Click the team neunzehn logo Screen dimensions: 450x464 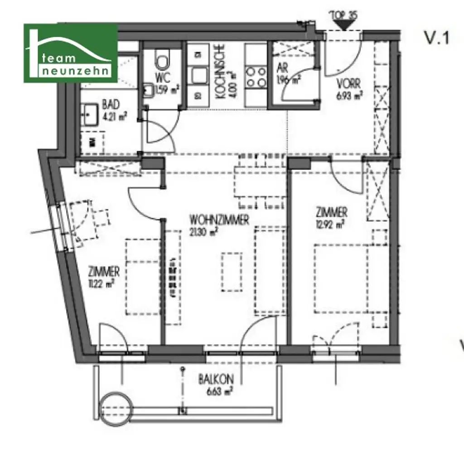coord(71,53)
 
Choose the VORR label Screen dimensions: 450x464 coord(348,84)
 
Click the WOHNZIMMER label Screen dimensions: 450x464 coord(219,220)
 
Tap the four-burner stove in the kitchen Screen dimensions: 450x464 coord(256,77)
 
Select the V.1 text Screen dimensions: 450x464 coord(437,38)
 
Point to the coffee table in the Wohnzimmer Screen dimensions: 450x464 coord(232,272)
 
